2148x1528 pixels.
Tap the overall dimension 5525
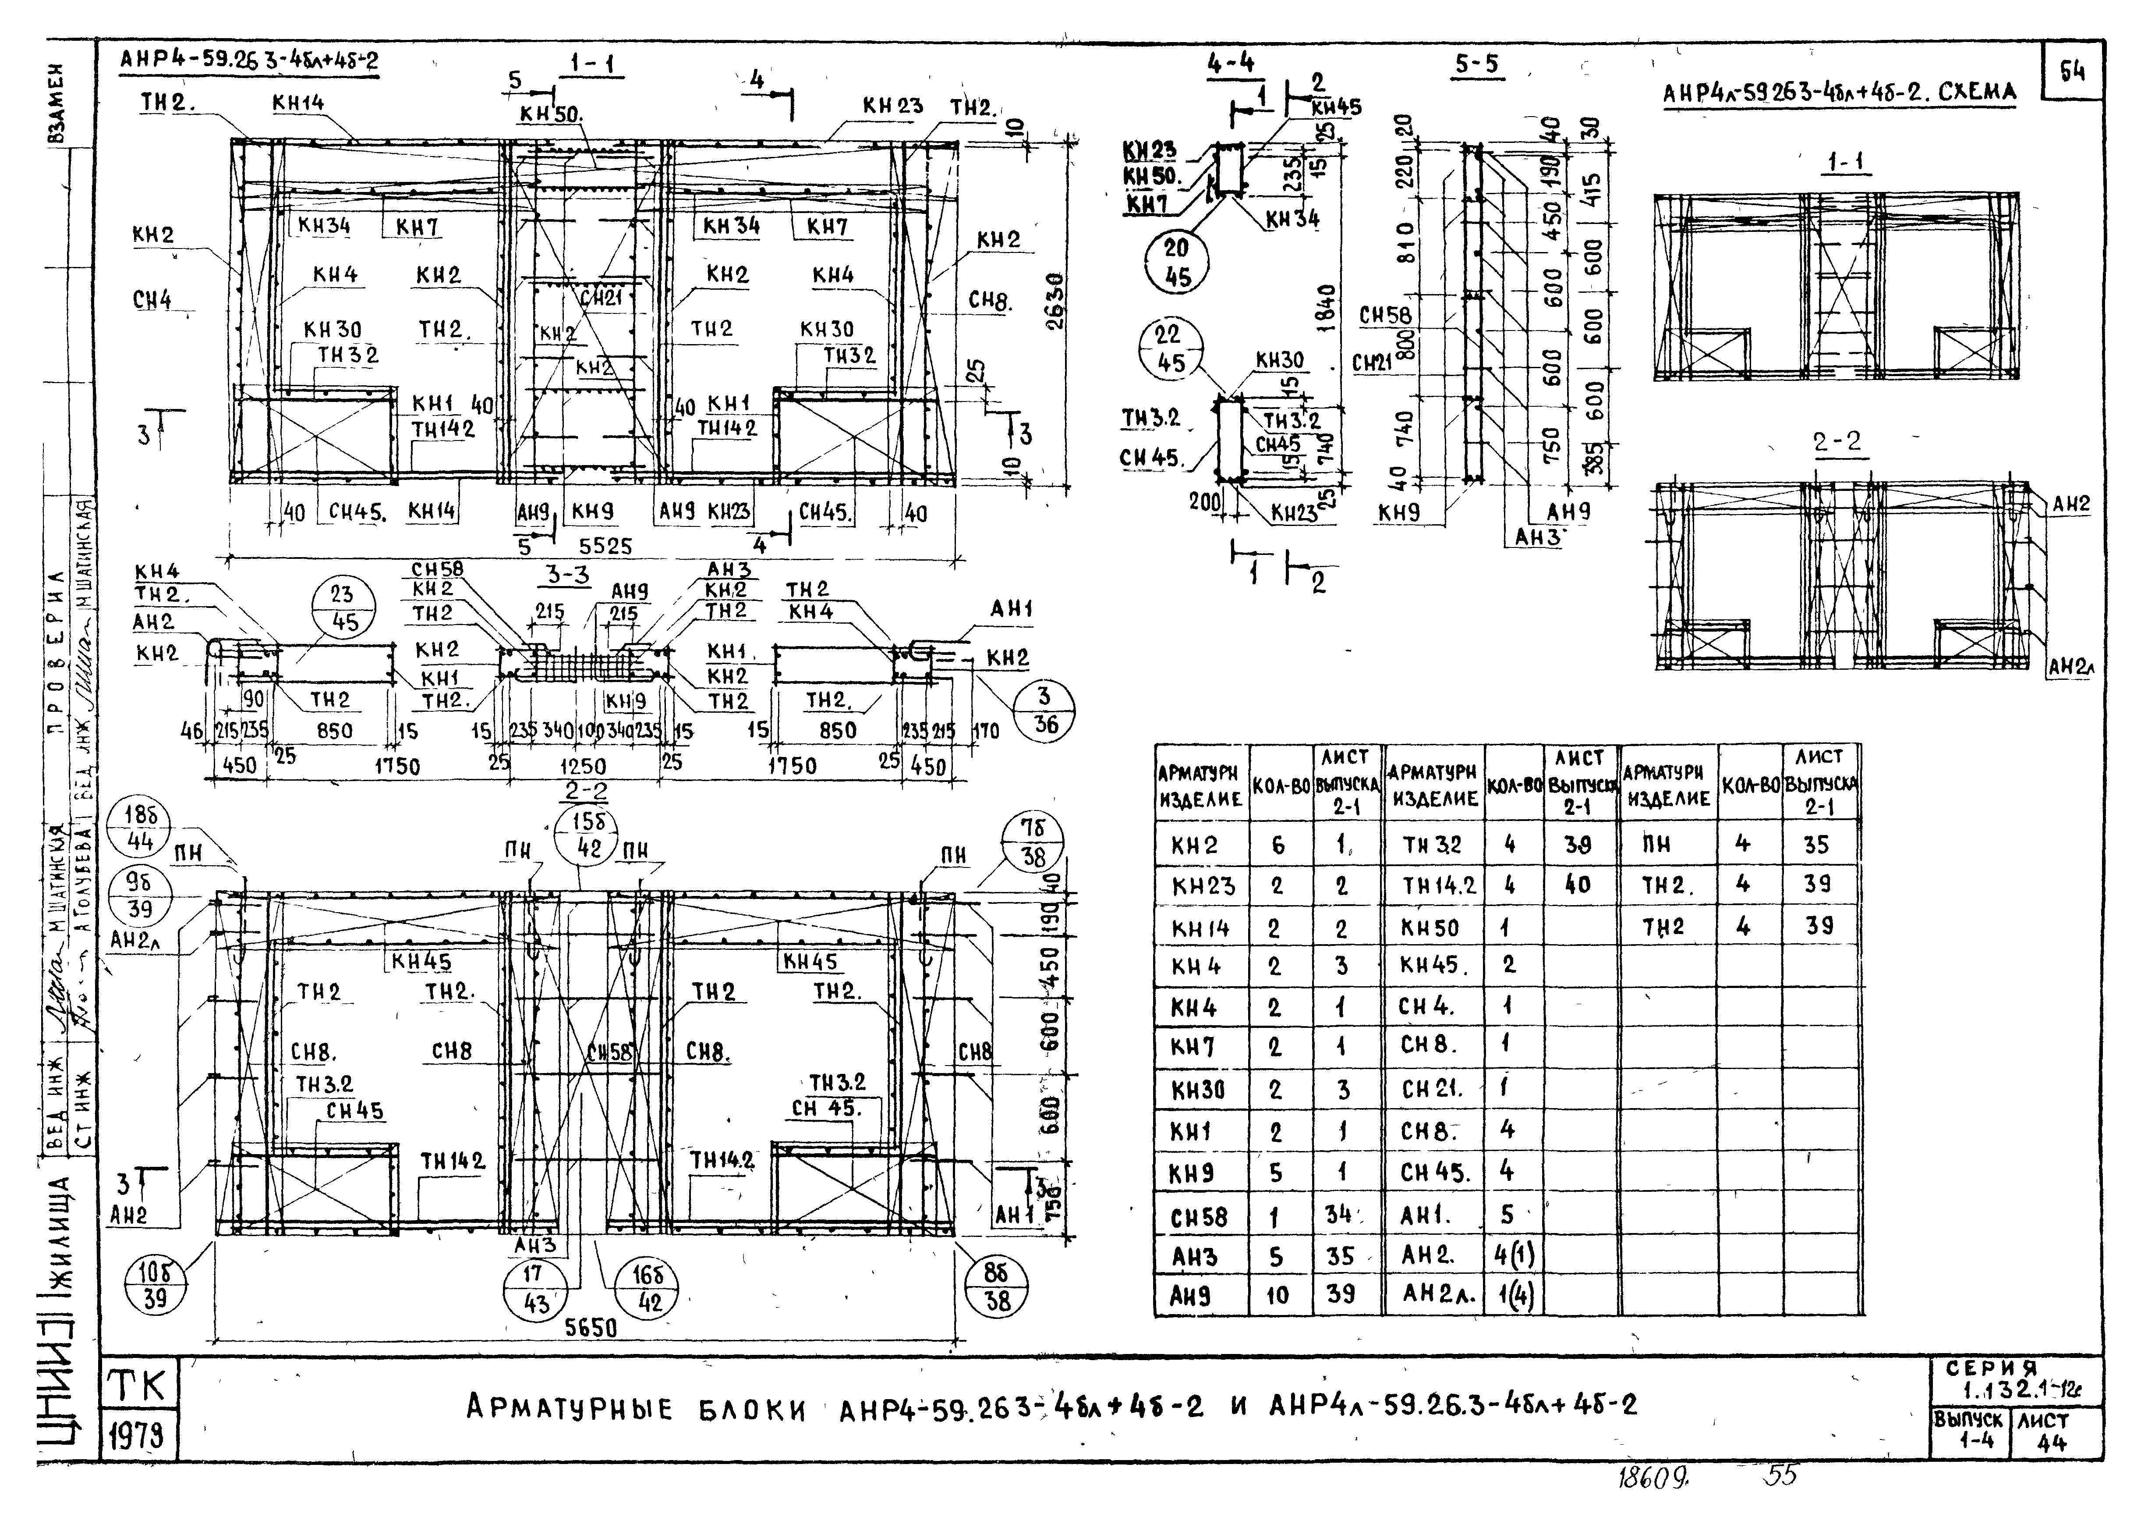point(605,546)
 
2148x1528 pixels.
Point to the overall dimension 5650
point(591,1328)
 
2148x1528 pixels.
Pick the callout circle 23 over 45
point(345,608)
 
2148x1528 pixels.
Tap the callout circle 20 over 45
point(1176,263)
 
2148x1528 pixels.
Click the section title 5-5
point(1477,64)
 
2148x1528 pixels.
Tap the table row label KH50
point(1430,927)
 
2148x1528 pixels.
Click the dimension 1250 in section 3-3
point(583,765)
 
